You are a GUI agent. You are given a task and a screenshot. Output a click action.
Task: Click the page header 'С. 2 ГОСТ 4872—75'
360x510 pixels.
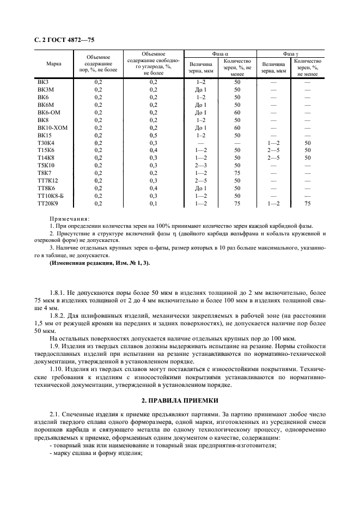[61, 40]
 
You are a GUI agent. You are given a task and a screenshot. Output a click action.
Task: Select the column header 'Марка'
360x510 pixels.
[53, 64]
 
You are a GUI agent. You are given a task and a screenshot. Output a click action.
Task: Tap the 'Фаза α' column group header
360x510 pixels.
[220, 54]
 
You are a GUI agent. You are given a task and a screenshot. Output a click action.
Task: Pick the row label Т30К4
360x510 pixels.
[46, 142]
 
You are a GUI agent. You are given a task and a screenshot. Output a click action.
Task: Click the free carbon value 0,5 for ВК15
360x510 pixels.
[154, 135]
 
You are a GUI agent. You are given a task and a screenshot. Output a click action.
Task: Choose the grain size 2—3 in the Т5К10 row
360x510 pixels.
[201, 165]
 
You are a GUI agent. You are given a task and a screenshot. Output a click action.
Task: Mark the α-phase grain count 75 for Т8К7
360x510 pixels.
[237, 173]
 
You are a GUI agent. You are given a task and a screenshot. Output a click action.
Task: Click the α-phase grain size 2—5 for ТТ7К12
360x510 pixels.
[201, 180]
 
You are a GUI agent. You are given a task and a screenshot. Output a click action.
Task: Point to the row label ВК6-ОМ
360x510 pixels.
[48, 112]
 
